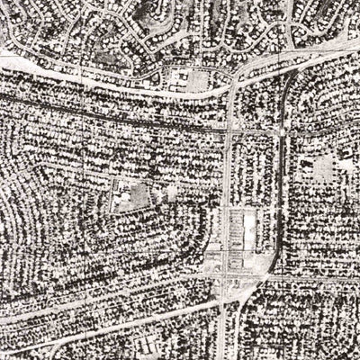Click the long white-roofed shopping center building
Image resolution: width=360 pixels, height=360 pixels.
248,230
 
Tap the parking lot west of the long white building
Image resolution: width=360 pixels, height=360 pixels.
237,232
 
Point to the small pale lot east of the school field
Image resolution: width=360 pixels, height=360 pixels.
172,192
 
